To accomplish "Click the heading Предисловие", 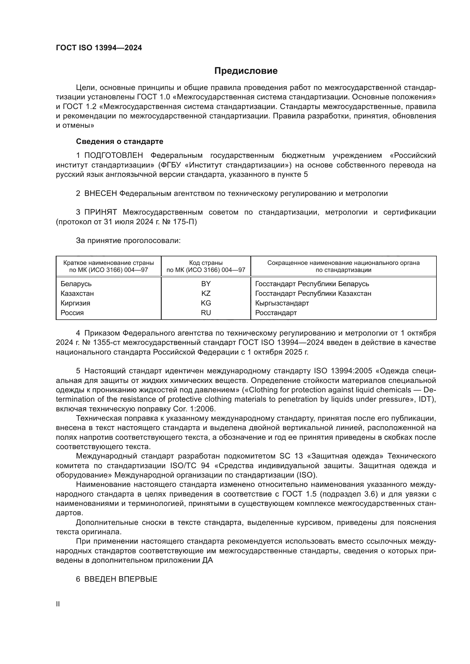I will (246, 71).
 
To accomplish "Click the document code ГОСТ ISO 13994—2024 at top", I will (99, 48).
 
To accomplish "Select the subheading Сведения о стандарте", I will (120, 141).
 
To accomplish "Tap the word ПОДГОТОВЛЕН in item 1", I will (113, 156).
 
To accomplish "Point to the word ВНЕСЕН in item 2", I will (100, 194).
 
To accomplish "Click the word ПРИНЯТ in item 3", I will (100, 212).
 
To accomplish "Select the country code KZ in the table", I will (206, 294).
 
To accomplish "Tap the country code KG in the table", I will (206, 303).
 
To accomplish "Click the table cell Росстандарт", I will (276, 313).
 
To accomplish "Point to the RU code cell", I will (206, 313).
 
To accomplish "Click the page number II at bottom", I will (58, 604).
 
